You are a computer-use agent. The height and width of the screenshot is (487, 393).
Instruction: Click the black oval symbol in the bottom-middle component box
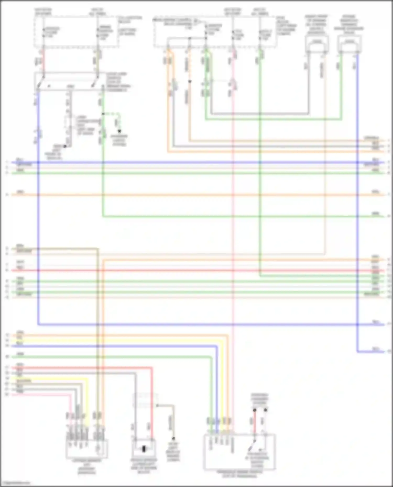click(144, 449)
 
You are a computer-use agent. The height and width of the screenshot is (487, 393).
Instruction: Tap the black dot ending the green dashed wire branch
click(119, 131)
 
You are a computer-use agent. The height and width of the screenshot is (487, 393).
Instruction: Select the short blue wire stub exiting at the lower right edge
click(372, 351)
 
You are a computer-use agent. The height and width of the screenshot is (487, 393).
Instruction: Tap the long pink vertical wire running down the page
click(233, 236)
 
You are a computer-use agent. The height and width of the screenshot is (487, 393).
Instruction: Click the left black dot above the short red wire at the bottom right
click(254, 410)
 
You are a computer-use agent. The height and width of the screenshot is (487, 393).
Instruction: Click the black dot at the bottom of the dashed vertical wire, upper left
click(65, 146)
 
